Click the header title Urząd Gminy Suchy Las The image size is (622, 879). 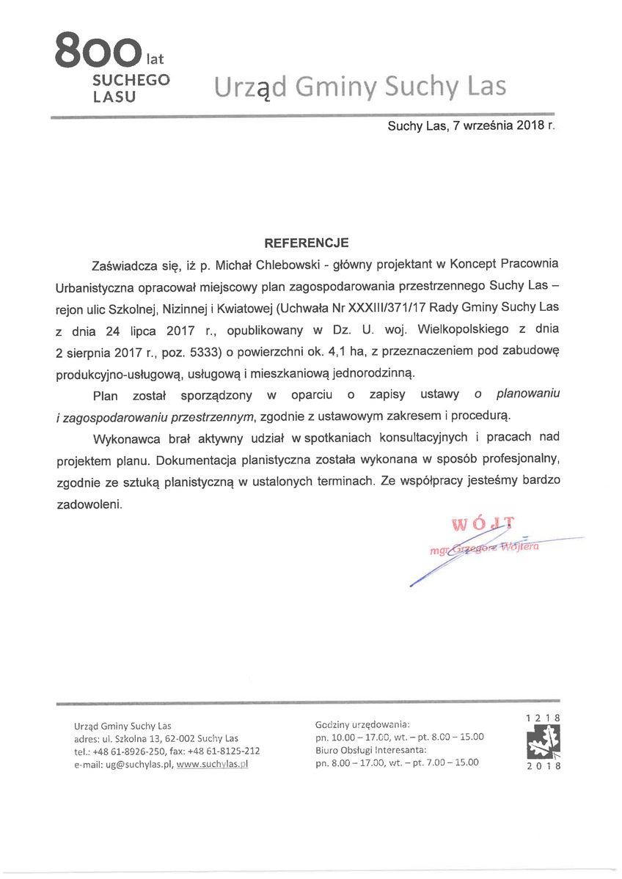tap(360, 87)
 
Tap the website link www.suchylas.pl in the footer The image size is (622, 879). tap(213, 764)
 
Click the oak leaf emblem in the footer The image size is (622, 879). tap(543, 741)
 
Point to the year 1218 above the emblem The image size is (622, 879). tap(543, 717)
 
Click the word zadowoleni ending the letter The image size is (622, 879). tap(89, 505)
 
